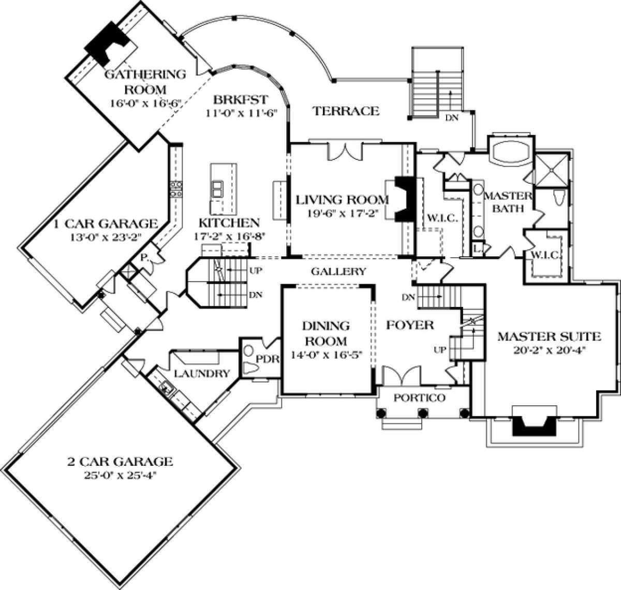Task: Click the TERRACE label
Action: click(346, 111)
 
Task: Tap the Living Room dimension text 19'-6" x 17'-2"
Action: click(343, 213)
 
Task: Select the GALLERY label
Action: click(338, 271)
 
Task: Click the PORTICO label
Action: click(420, 398)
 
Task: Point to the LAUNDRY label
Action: click(202, 374)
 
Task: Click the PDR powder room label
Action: click(268, 359)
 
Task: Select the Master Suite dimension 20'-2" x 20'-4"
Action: click(549, 350)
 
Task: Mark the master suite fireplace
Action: click(534, 428)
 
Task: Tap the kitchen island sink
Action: click(218, 189)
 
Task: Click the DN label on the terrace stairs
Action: click(452, 118)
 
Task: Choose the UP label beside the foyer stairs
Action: click(440, 350)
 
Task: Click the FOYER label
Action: click(410, 325)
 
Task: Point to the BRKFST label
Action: click(241, 100)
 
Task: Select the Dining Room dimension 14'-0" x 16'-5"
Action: click(326, 355)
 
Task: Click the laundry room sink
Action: click(167, 387)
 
